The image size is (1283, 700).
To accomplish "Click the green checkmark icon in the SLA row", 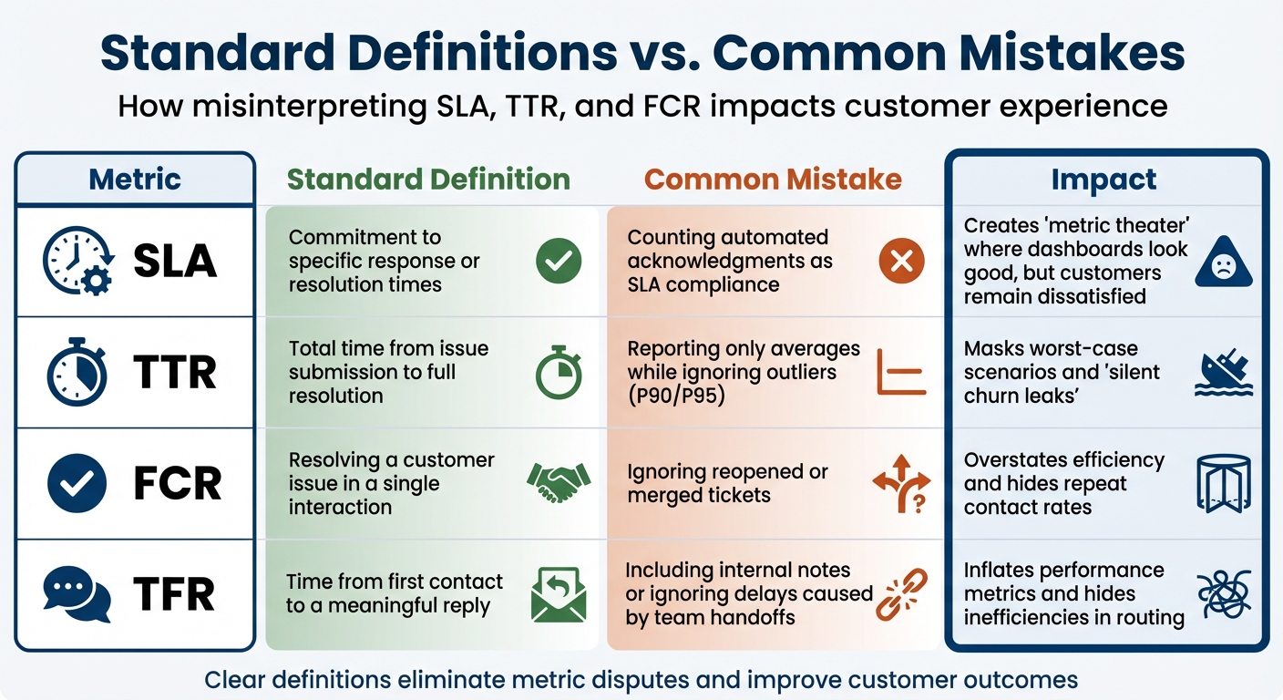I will [x=559, y=262].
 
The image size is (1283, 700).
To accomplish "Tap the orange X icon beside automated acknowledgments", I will [x=901, y=262].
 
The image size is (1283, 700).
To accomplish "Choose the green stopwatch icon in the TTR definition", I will [x=559, y=372].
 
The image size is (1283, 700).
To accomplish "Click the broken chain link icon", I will [x=901, y=593].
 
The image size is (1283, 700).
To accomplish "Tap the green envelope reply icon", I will [x=559, y=594].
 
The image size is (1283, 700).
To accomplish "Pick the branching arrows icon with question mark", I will [x=901, y=483].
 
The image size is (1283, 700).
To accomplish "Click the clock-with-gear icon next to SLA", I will [x=78, y=262].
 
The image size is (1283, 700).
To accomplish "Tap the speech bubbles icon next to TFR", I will [x=77, y=594].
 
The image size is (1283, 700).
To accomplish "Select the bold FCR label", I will [x=177, y=484].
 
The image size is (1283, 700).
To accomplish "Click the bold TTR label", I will [x=175, y=373].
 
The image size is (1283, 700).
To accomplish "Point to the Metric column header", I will [x=135, y=179].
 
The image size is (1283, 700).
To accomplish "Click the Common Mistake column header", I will [x=773, y=179].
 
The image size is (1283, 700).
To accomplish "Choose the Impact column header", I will [x=1103, y=180].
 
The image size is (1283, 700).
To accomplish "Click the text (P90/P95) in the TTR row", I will [x=676, y=396].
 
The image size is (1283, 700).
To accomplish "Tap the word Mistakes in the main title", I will [x=1065, y=53].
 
